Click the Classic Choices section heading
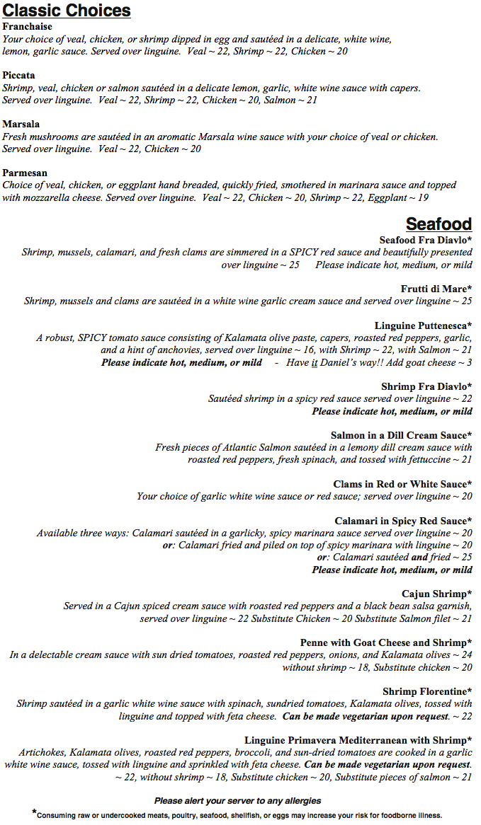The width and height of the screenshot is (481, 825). (x=67, y=11)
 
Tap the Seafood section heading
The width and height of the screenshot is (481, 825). (x=438, y=224)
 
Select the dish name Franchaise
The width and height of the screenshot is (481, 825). (x=28, y=27)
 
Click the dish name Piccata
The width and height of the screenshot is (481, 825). (x=19, y=76)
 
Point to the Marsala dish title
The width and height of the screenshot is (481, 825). (x=21, y=125)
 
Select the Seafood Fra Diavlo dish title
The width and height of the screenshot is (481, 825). (x=425, y=241)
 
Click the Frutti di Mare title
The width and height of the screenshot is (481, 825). (x=436, y=289)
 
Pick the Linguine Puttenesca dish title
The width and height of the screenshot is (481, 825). (x=423, y=325)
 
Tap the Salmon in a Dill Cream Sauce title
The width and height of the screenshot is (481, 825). (x=401, y=436)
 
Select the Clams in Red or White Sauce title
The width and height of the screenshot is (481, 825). (x=402, y=485)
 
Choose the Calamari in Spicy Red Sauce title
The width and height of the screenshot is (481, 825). (x=403, y=521)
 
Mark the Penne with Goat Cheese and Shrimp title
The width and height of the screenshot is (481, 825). (x=386, y=643)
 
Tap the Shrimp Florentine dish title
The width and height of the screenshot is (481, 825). (x=427, y=691)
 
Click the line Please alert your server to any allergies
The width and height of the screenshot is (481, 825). (x=238, y=801)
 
